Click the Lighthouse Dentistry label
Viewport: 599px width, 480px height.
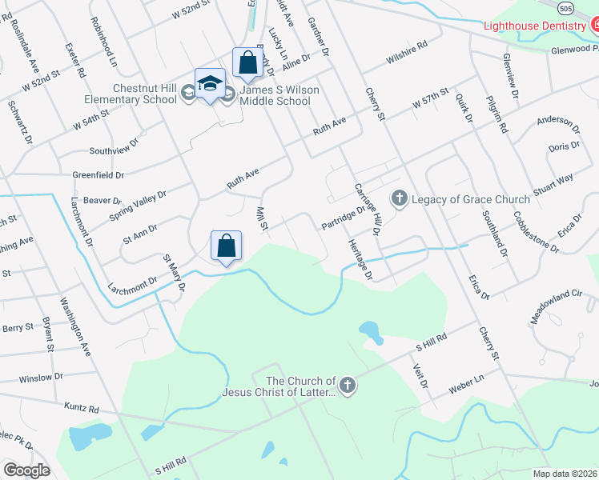tap(534, 26)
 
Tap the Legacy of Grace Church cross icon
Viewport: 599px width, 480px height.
tap(400, 198)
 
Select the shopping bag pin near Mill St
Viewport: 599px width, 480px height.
tap(227, 246)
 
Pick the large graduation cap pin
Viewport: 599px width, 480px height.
tap(210, 84)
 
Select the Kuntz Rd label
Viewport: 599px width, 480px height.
tap(82, 408)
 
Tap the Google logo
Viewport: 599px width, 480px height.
tap(26, 470)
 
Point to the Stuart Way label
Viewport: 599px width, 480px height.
tap(553, 186)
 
